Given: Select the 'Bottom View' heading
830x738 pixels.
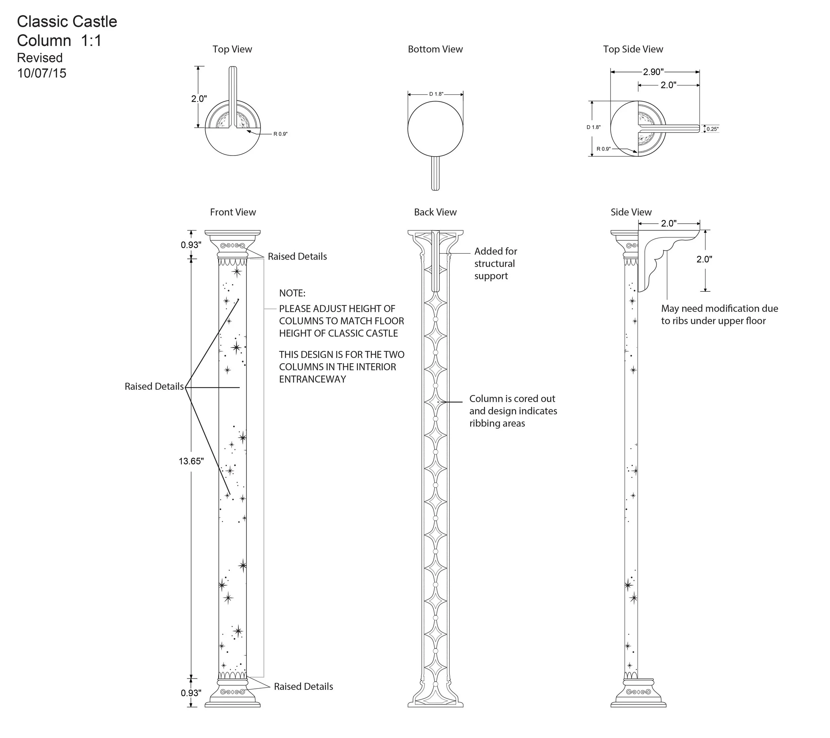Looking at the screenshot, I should click(x=435, y=49).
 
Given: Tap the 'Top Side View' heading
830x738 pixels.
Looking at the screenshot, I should click(x=633, y=49).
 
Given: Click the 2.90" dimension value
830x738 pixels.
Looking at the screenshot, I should click(x=653, y=72).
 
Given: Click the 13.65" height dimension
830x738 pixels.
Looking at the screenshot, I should click(x=191, y=461).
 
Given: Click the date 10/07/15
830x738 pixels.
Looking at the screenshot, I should click(x=41, y=73).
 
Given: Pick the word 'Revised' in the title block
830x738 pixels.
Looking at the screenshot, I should click(x=40, y=58).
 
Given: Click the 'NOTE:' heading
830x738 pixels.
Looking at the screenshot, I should click(x=292, y=293).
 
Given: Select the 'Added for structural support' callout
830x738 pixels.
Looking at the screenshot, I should click(x=495, y=264).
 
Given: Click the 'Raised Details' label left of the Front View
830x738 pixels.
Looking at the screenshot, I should click(x=154, y=386).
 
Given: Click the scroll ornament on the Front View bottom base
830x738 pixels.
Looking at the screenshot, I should click(x=232, y=692).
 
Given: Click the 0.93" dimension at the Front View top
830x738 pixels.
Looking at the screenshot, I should click(x=191, y=245).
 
